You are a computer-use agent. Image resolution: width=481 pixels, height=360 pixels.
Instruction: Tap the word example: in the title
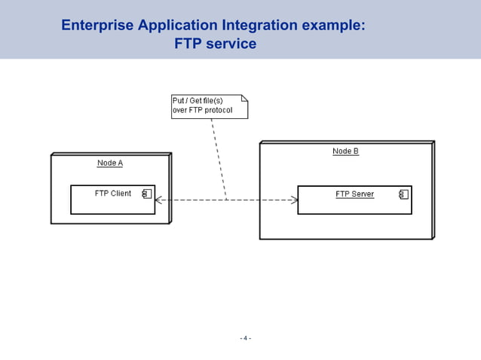334,25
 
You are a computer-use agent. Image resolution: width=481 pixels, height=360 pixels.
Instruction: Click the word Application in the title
174,25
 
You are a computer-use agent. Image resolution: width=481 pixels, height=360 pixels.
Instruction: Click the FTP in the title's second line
187,44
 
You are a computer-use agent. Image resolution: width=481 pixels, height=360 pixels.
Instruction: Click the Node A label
110,163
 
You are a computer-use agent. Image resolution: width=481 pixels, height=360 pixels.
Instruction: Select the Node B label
345,151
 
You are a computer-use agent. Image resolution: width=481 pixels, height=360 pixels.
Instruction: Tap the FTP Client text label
112,194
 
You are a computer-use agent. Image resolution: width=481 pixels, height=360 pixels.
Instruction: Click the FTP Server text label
354,194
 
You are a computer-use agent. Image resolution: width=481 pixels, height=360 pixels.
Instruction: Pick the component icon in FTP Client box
147,194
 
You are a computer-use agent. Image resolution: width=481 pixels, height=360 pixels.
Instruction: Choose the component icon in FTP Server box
403,194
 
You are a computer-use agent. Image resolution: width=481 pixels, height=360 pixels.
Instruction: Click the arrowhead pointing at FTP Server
295,200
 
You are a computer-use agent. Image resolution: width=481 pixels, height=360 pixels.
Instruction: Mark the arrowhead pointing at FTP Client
158,200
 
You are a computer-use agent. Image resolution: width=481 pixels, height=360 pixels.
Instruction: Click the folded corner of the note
244,99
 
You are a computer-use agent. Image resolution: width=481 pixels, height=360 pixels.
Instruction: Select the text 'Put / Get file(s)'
198,101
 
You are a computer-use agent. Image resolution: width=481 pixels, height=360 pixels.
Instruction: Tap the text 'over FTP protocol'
202,111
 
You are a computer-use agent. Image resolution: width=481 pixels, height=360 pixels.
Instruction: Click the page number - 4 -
245,338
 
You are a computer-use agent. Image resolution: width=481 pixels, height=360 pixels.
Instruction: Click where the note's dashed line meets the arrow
226,200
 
